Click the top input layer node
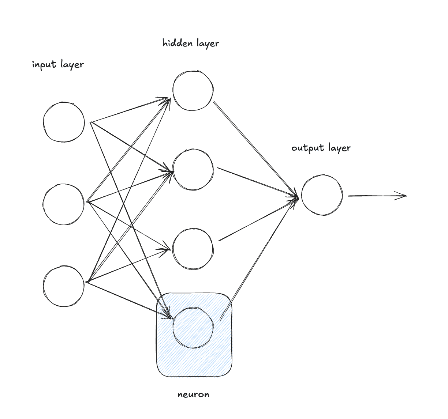(64, 122)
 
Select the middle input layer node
(64, 204)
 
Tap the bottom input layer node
(64, 286)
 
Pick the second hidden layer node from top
(193, 170)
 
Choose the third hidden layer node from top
(193, 249)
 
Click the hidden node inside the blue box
(193, 327)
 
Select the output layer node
(322, 195)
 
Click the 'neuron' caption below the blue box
(193, 395)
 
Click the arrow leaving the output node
(377, 196)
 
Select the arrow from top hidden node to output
(256, 150)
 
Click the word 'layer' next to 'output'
(339, 148)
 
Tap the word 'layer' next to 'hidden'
(208, 44)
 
